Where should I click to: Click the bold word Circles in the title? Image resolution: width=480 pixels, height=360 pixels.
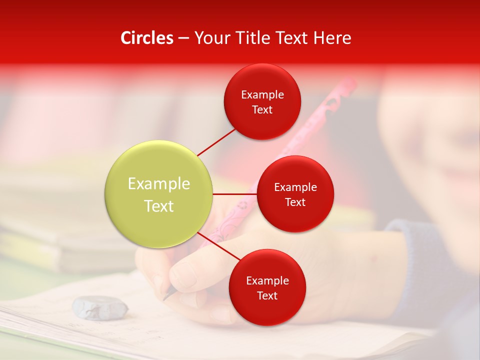[x=147, y=38]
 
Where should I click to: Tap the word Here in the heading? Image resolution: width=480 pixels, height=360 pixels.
[x=332, y=38]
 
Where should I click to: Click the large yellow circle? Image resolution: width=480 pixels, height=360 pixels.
[x=159, y=194]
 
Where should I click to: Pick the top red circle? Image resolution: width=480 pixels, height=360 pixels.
[x=262, y=101]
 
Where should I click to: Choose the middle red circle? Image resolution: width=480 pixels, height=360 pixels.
[x=295, y=194]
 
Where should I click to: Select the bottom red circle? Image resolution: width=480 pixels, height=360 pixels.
[x=267, y=287]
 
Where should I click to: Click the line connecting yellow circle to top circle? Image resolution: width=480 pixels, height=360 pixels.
[x=216, y=142]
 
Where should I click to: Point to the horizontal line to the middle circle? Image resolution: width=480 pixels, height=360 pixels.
[x=235, y=194]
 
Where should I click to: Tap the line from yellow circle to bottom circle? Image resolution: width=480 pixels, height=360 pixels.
[x=220, y=247]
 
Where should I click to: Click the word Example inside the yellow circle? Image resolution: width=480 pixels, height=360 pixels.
[x=159, y=184]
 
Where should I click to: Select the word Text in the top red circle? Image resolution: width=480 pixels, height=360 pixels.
[x=262, y=110]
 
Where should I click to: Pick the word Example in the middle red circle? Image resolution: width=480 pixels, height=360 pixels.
[x=295, y=187]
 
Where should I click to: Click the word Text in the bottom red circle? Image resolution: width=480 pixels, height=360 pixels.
[x=267, y=295]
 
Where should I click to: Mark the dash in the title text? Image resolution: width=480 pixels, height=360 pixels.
[x=183, y=38]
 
